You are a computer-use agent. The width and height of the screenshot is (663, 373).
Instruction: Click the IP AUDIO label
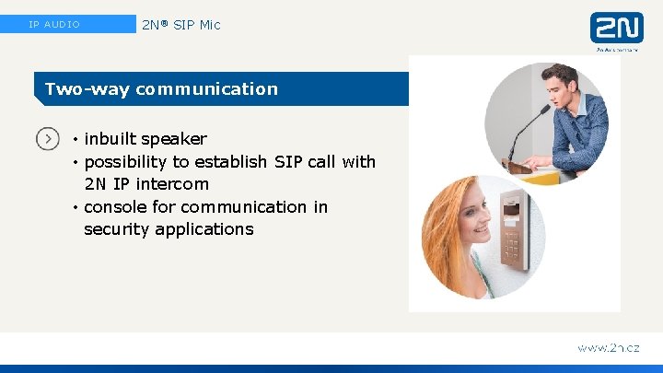(x=54, y=25)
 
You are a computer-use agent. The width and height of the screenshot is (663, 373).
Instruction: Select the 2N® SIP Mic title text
(x=181, y=25)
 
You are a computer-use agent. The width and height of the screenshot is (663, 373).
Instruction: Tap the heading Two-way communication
(x=161, y=89)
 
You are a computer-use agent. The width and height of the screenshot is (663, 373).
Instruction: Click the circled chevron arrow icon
(x=48, y=139)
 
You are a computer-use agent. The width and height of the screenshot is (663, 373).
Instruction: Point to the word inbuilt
(x=109, y=139)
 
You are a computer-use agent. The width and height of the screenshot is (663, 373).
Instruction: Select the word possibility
(x=125, y=162)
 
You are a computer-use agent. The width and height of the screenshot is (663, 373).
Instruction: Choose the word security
(x=118, y=229)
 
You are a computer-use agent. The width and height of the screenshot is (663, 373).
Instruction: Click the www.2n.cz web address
(x=608, y=348)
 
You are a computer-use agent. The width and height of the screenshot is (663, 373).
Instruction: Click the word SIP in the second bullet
(x=288, y=162)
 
